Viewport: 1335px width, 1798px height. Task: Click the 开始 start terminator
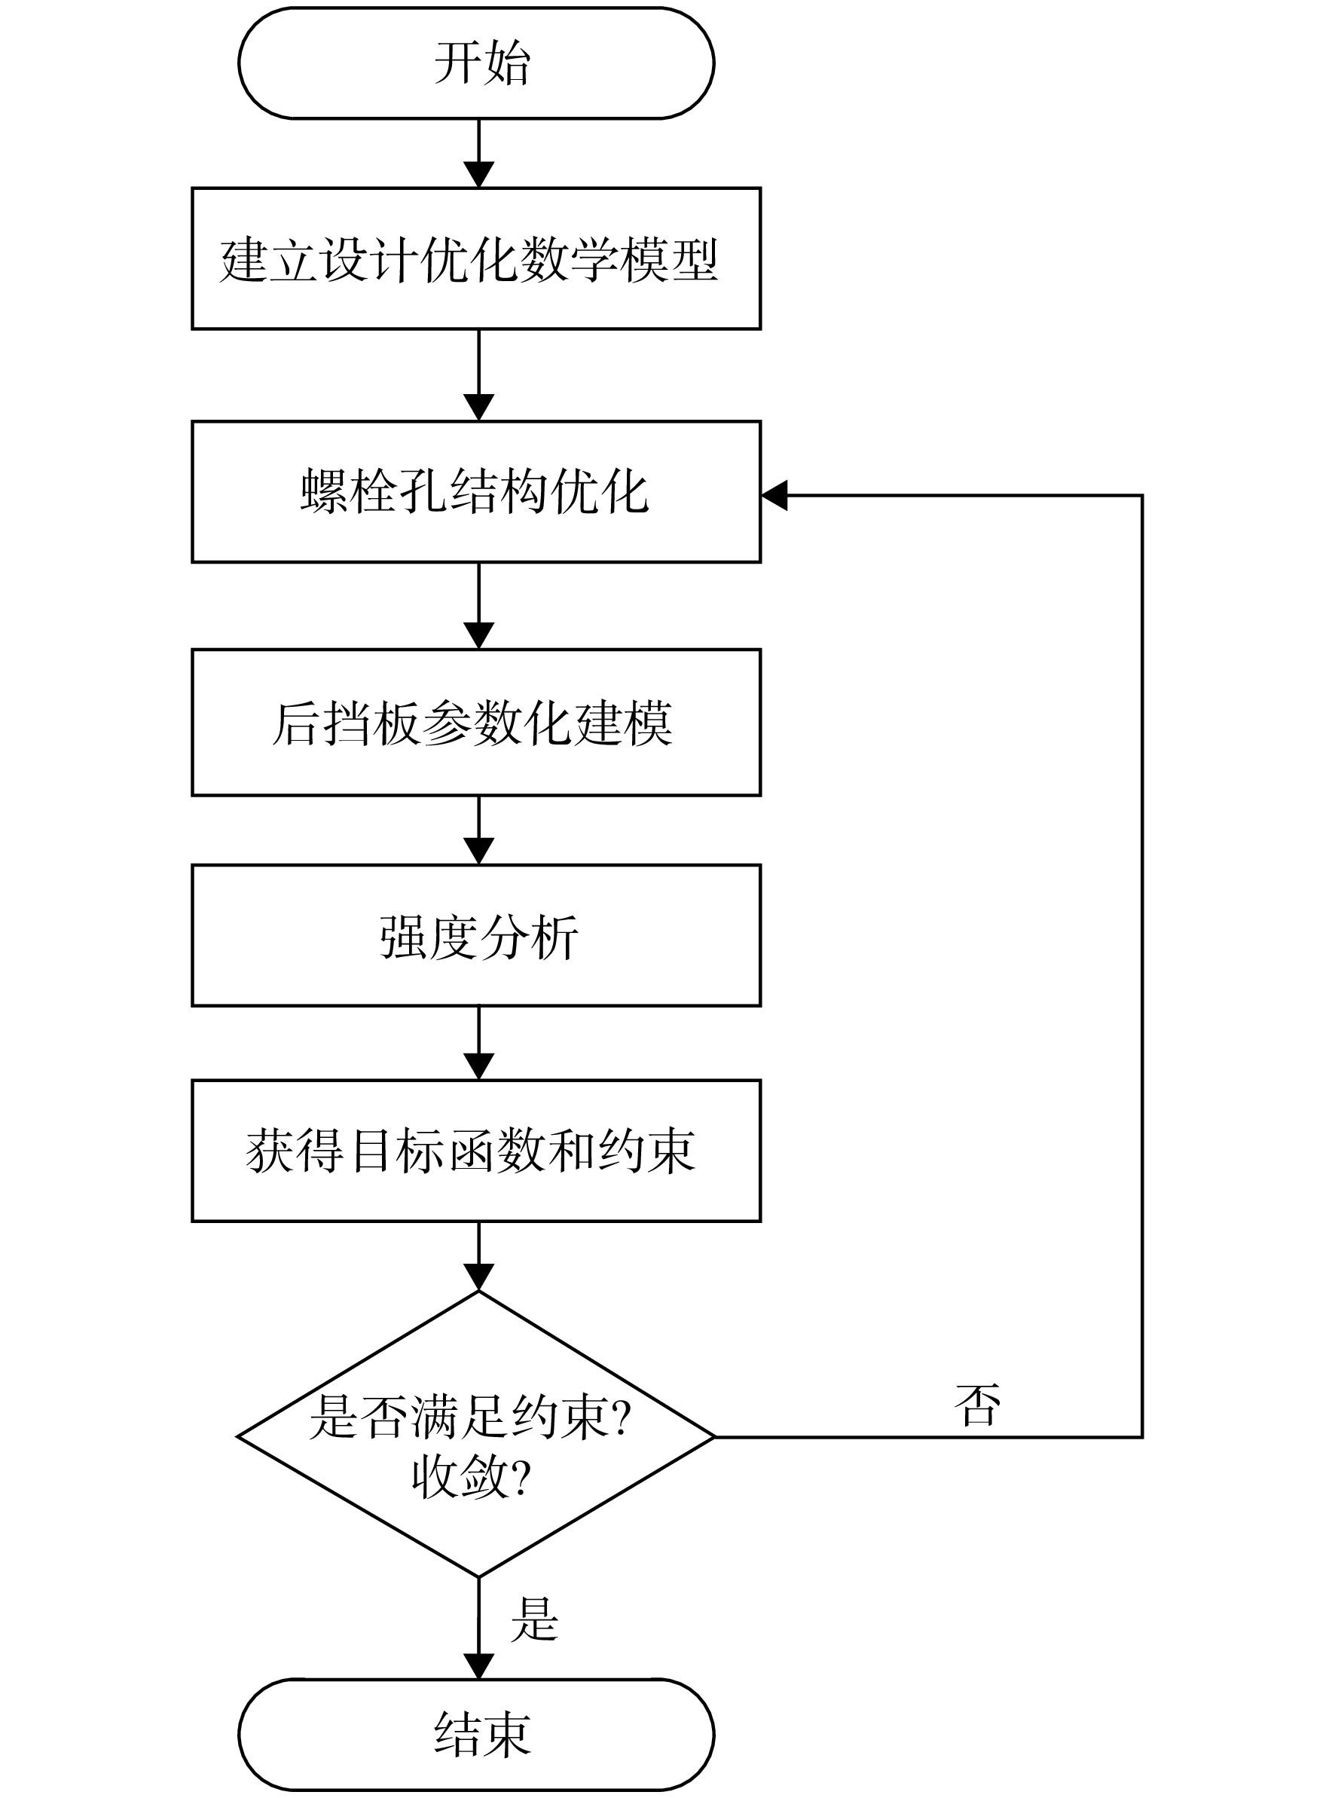(x=476, y=63)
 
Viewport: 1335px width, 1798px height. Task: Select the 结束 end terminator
(x=476, y=1733)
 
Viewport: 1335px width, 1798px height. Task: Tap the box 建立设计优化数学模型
(x=476, y=258)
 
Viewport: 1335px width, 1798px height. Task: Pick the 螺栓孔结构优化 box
(x=476, y=491)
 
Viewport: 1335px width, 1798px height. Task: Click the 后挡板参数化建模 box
(x=476, y=723)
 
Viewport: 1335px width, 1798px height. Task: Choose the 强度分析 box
(x=476, y=936)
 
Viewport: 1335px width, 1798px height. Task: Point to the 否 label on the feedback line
(x=978, y=1405)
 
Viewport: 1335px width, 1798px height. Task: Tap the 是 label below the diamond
(x=534, y=1619)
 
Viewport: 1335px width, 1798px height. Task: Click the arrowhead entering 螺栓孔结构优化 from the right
(x=774, y=495)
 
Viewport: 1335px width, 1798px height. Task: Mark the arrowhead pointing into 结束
(x=479, y=1666)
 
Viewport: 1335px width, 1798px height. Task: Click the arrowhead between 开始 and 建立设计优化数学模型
(x=479, y=176)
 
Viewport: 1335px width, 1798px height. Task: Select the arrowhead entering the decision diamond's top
(x=479, y=1277)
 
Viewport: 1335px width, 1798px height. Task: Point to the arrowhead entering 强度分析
(x=479, y=852)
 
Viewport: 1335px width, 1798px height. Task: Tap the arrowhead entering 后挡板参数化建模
(x=479, y=636)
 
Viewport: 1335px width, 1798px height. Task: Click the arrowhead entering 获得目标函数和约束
(x=479, y=1067)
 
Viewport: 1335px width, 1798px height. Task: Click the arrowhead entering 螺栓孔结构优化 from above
(x=479, y=408)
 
